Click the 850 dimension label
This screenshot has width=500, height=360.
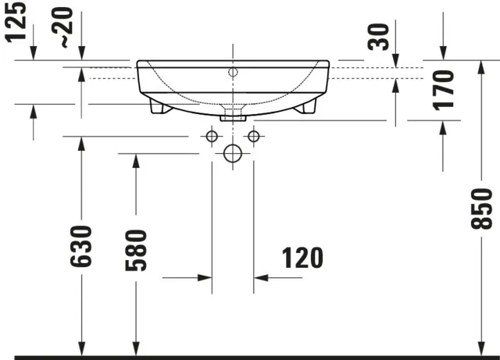tap(482, 209)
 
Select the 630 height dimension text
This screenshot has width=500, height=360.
tap(81, 245)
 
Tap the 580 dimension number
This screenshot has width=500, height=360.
tap(136, 250)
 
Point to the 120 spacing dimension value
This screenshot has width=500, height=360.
tap(298, 257)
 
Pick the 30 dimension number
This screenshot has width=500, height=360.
tap(380, 37)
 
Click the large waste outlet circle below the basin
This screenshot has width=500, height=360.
tap(232, 154)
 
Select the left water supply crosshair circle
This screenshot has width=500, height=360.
tap(211, 137)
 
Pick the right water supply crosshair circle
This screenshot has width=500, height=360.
tap(252, 137)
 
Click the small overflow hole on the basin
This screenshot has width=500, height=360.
tap(232, 73)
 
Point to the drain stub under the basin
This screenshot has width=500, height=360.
tap(233, 116)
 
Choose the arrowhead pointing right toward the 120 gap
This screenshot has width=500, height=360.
tap(203, 276)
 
